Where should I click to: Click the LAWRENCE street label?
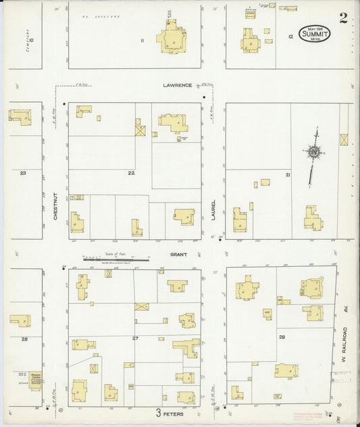pyautogui.click(x=178, y=85)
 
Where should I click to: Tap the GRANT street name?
pyautogui.click(x=178, y=255)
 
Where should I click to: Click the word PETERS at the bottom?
pyautogui.click(x=175, y=414)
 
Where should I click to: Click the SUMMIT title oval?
pyautogui.click(x=313, y=34)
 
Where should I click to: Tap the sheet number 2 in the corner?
pyautogui.click(x=343, y=18)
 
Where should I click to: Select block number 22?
pyautogui.click(x=132, y=173)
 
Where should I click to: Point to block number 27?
pyautogui.click(x=135, y=338)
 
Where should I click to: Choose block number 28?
pyautogui.click(x=282, y=336)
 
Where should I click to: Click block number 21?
pyautogui.click(x=288, y=175)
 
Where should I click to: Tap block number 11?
pyautogui.click(x=143, y=41)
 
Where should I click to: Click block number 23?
pyautogui.click(x=23, y=173)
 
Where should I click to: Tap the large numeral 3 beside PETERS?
pyautogui.click(x=159, y=413)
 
